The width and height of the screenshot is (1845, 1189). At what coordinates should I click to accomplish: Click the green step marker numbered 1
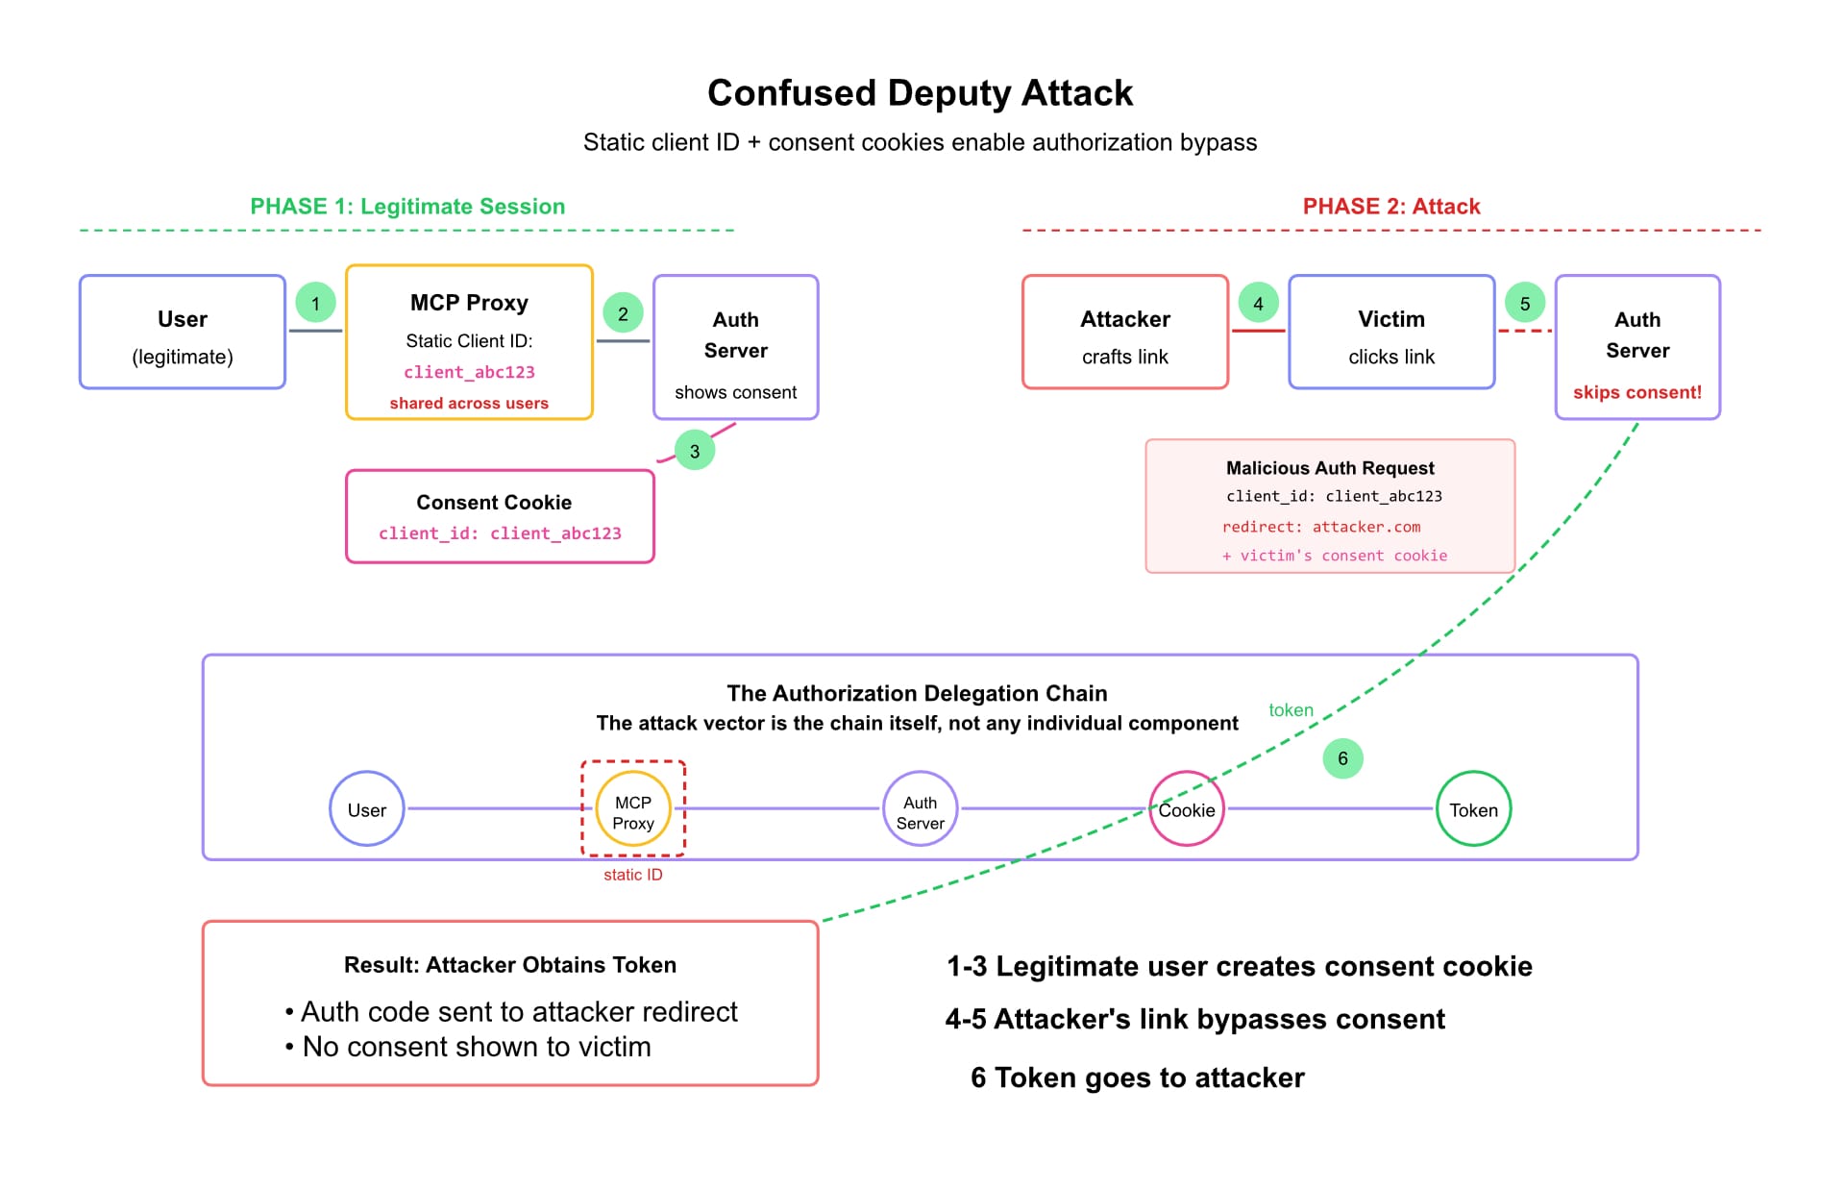pyautogui.click(x=315, y=303)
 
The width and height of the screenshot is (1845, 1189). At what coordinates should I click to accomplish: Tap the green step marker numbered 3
pyautogui.click(x=695, y=451)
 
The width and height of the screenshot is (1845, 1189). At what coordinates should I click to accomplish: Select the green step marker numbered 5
pyautogui.click(x=1525, y=303)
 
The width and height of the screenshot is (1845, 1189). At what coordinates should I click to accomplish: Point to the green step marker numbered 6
pyautogui.click(x=1342, y=758)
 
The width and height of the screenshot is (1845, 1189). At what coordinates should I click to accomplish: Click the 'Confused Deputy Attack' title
pyautogui.click(x=920, y=93)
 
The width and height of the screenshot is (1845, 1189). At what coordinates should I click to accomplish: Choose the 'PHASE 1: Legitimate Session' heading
pyautogui.click(x=407, y=207)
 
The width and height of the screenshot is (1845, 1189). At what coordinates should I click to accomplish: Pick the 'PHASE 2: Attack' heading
pyautogui.click(x=1390, y=207)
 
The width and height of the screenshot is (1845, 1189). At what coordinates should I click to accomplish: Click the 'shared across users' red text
pyautogui.click(x=469, y=404)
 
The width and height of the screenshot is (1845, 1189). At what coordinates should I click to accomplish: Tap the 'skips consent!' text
pyautogui.click(x=1636, y=392)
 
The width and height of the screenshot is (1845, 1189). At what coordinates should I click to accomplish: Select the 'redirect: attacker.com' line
pyautogui.click(x=1320, y=527)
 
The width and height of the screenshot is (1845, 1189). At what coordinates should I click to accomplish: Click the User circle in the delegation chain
pyautogui.click(x=367, y=809)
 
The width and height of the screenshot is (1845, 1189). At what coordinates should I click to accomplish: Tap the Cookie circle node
pyautogui.click(x=1187, y=809)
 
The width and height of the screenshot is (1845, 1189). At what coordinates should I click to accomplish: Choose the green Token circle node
pyautogui.click(x=1473, y=809)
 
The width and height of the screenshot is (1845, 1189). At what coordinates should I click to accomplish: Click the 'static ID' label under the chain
pyautogui.click(x=632, y=875)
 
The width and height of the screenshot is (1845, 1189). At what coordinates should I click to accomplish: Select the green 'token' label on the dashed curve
pyautogui.click(x=1291, y=710)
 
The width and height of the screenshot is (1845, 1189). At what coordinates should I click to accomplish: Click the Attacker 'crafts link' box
pyautogui.click(x=1125, y=333)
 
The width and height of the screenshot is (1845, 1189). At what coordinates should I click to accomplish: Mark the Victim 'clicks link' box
pyautogui.click(x=1391, y=333)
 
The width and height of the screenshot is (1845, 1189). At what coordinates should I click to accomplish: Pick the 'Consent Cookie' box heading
pyautogui.click(x=494, y=503)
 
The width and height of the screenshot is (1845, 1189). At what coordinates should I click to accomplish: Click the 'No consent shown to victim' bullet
pyautogui.click(x=477, y=1047)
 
